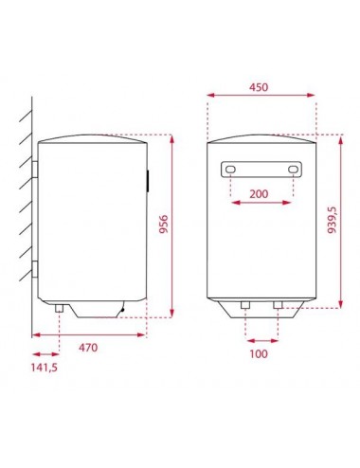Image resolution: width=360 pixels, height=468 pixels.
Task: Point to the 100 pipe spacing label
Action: [x=260, y=354]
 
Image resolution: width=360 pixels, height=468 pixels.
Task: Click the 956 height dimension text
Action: [x=162, y=228]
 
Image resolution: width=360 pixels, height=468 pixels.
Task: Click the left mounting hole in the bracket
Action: [x=230, y=171]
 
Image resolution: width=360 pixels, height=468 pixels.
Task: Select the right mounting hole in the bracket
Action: [x=294, y=171]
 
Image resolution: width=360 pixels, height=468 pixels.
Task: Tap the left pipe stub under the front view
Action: [x=245, y=306]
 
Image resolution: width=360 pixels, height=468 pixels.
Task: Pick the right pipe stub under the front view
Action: [x=277, y=306]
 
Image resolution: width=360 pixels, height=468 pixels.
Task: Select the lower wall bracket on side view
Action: [x=35, y=268]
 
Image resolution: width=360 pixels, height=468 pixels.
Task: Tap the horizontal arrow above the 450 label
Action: [x=260, y=95]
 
